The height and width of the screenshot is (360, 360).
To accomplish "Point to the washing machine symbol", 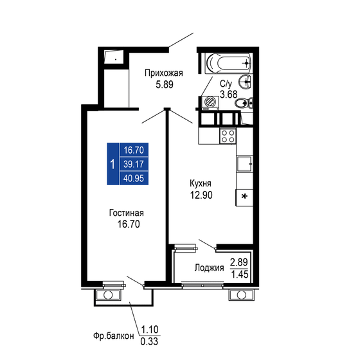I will [210, 102].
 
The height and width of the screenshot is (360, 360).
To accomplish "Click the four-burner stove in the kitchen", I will [228, 136].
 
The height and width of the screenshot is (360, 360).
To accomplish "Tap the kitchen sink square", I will [244, 165].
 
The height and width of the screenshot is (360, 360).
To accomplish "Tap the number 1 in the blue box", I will [113, 164].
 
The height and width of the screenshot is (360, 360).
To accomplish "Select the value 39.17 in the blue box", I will [133, 164].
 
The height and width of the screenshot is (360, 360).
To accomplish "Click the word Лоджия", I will [209, 268].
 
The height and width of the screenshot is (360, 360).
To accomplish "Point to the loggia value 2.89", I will [239, 262].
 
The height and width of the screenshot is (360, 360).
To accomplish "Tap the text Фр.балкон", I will [113, 336].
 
